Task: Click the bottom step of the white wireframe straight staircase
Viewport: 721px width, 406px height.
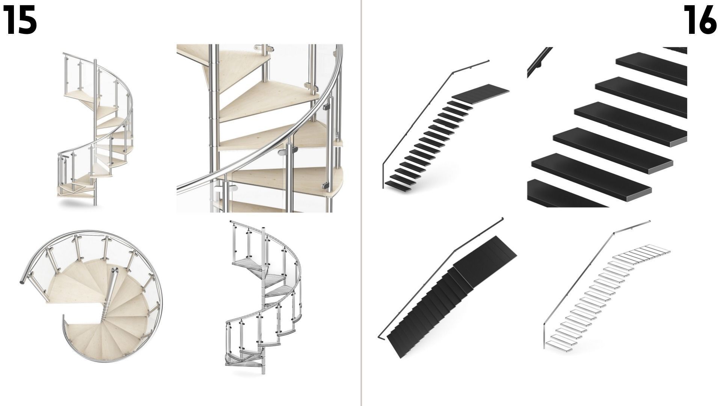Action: [558, 346]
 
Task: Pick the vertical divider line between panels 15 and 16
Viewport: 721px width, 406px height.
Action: [361, 203]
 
